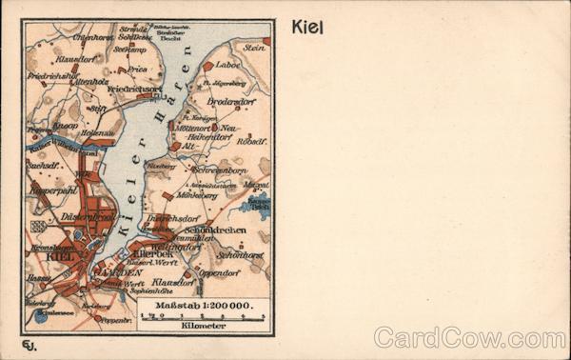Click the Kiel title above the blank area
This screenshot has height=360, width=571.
pyautogui.click(x=306, y=28)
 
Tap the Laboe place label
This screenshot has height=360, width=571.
pyautogui.click(x=228, y=66)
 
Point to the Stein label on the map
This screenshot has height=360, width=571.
pyautogui.click(x=253, y=47)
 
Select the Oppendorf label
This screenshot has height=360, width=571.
pyautogui.click(x=219, y=272)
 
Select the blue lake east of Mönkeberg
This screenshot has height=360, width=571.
pyautogui.click(x=255, y=202)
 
